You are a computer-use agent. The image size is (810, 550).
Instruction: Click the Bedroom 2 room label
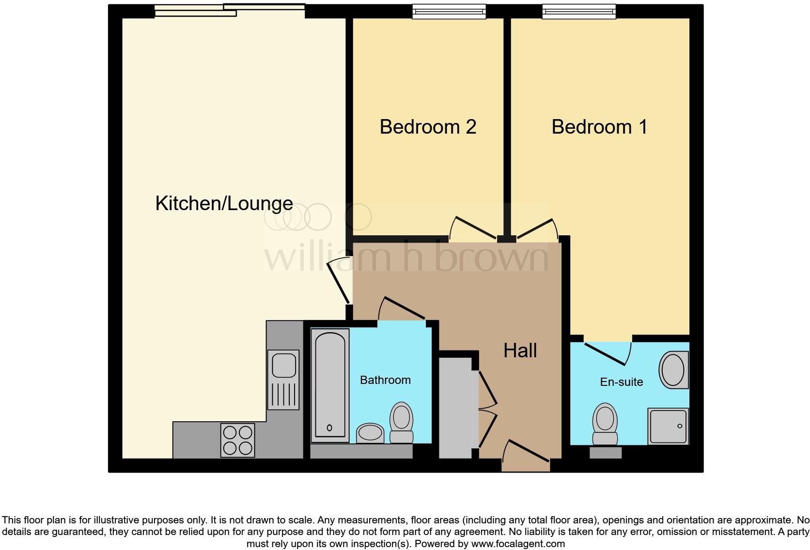[428, 127]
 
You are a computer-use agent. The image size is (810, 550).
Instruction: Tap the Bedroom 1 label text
[599, 127]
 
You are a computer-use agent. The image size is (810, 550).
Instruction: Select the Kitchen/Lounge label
[224, 203]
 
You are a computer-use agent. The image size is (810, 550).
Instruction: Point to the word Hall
[520, 351]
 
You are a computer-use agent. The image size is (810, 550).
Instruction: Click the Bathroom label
[385, 380]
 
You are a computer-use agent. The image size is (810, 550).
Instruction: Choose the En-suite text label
[622, 382]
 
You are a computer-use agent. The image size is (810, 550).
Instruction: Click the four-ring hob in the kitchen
[237, 440]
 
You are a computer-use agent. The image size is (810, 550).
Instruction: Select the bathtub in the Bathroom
[330, 385]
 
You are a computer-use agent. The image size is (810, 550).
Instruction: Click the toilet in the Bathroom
[401, 422]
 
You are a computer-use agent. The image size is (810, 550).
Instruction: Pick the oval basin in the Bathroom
[370, 432]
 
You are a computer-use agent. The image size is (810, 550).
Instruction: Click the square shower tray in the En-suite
[668, 426]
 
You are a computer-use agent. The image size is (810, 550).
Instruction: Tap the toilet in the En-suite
[605, 424]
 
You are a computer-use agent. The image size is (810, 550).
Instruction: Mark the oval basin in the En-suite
[673, 370]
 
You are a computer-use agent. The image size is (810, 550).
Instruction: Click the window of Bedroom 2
[449, 12]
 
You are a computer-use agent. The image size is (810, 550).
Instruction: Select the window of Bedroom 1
[578, 12]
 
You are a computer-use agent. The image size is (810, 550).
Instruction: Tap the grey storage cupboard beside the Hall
[455, 408]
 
